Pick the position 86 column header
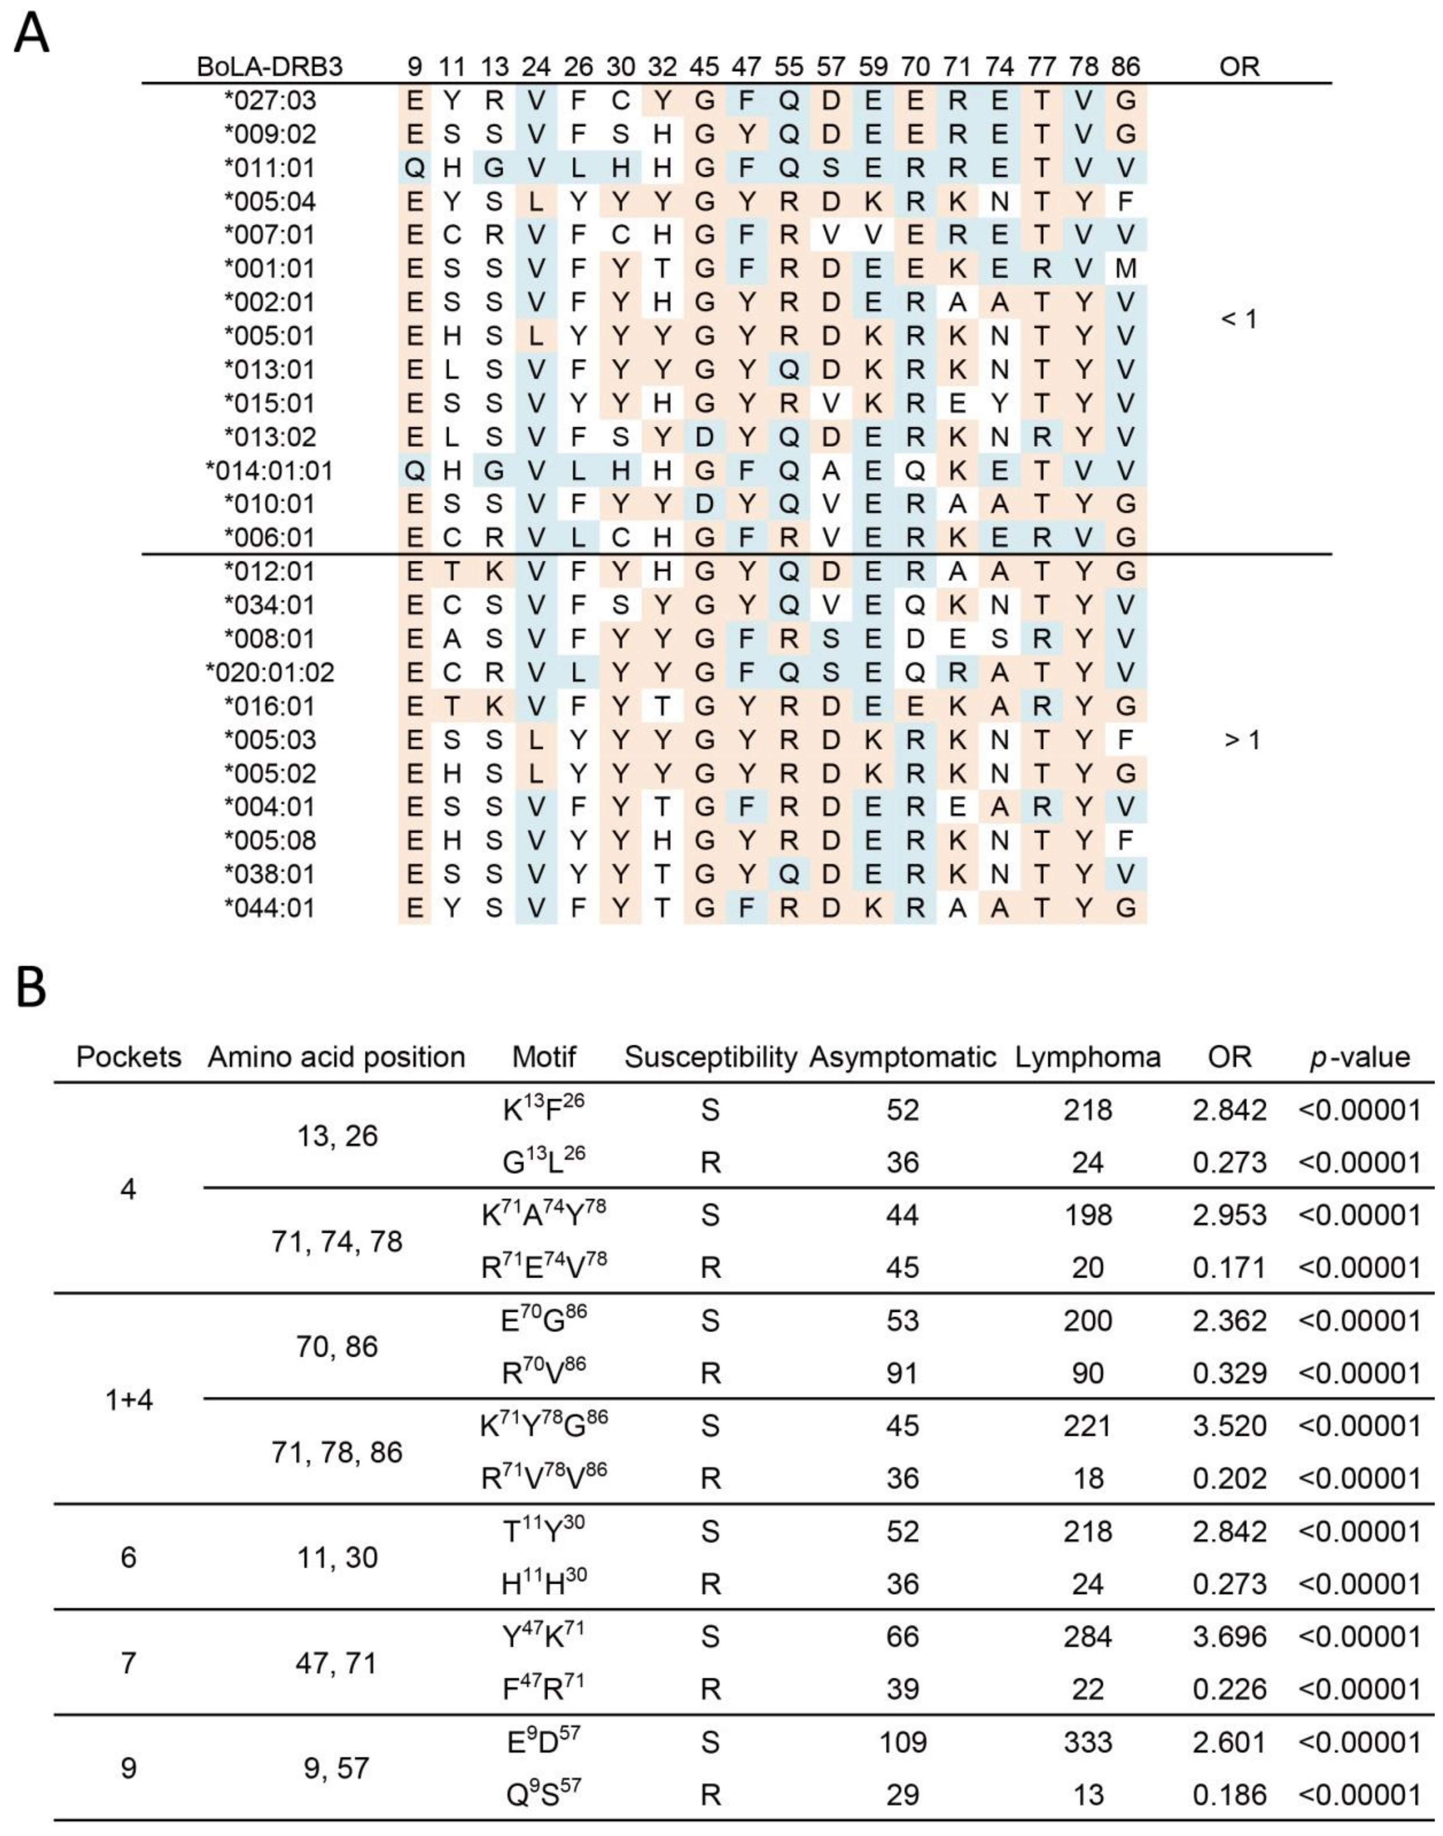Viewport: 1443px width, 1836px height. pyautogui.click(x=1125, y=67)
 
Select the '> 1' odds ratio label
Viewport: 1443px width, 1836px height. pyautogui.click(x=1241, y=740)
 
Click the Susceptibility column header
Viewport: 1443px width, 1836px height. pyautogui.click(x=711, y=1057)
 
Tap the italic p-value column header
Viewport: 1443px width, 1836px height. pyautogui.click(x=1359, y=1057)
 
